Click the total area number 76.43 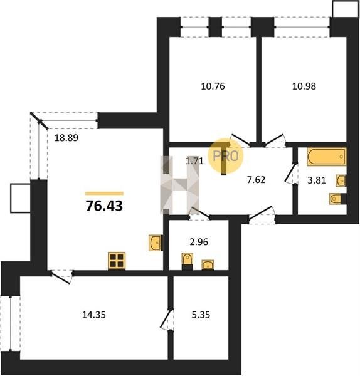104,206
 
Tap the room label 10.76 213,86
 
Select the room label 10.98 304,86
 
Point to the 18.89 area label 66,138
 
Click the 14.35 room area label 94,315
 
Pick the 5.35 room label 201,315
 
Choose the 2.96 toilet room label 199,242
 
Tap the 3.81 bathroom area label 317,180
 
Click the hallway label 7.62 257,180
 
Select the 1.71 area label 194,161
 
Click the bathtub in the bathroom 326,157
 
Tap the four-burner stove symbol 117,261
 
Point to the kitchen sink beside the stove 155,243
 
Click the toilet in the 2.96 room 187,260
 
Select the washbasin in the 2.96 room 208,264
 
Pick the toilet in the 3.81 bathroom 337,199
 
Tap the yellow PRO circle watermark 226,155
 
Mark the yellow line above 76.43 104,193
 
